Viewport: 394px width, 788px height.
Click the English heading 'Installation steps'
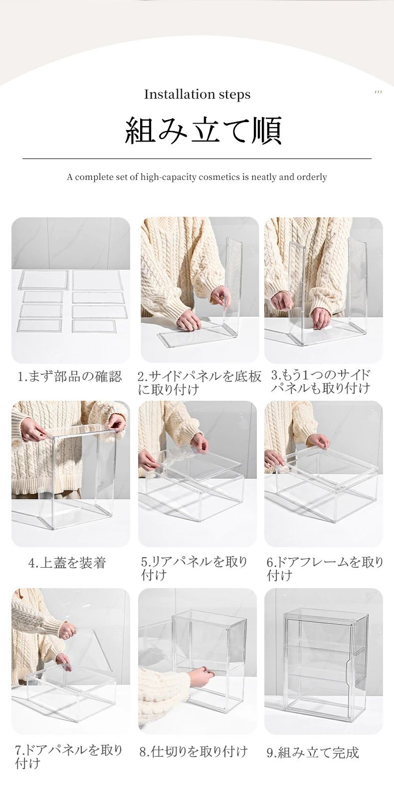[x=197, y=94]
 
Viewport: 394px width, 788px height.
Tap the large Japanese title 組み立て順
[x=203, y=130]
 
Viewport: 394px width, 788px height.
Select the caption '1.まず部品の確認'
[x=70, y=376]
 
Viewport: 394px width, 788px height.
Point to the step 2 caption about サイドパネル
[x=199, y=383]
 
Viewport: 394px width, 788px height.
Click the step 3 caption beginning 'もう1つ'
[x=320, y=382]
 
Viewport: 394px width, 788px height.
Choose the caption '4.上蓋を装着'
[x=67, y=563]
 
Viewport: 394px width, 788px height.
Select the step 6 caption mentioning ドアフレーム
[x=325, y=569]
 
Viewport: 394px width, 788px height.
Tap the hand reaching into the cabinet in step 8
[x=201, y=675]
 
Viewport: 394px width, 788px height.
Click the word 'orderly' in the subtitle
[x=312, y=177]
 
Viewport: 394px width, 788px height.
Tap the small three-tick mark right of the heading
[x=378, y=92]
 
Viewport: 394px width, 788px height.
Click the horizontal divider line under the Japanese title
[x=197, y=158]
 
